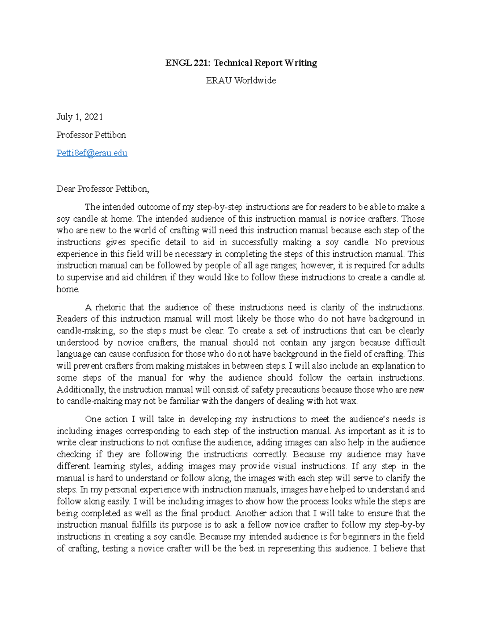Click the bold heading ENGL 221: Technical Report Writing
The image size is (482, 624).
click(x=241, y=63)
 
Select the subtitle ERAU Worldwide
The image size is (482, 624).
click(x=241, y=80)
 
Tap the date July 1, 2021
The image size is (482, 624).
click(x=80, y=117)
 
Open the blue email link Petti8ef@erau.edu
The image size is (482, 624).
click(x=92, y=153)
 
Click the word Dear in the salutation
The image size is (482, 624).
click(x=66, y=189)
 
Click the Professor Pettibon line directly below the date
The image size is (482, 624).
click(x=91, y=135)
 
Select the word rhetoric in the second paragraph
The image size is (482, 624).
click(x=110, y=307)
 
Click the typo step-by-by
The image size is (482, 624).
click(x=404, y=525)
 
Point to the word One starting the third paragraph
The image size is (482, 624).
click(x=93, y=419)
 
